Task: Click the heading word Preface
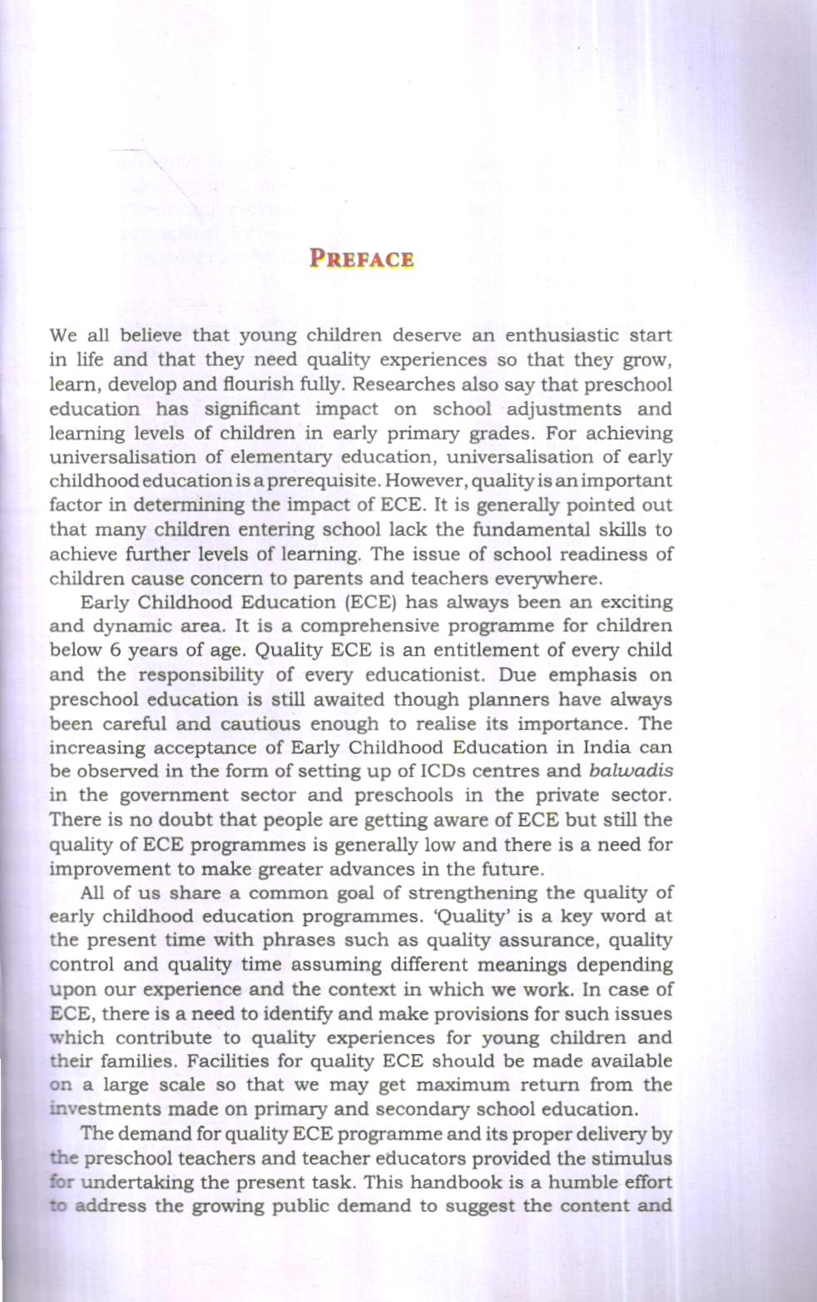[361, 259]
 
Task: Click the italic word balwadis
[631, 771]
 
